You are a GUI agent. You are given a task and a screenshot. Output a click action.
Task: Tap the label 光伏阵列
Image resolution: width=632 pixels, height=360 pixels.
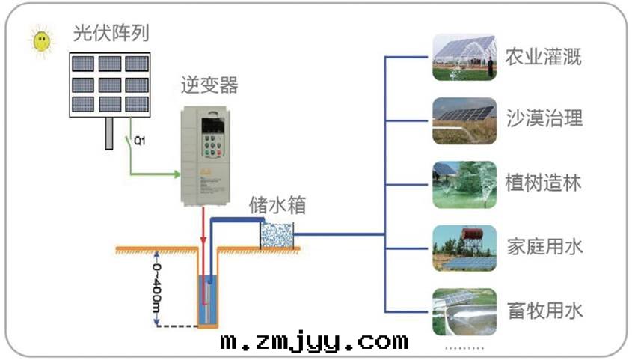110,34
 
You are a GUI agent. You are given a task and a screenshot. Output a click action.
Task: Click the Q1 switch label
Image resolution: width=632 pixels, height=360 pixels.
139,140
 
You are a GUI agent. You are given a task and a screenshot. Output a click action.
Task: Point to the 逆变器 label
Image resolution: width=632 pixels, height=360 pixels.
209,85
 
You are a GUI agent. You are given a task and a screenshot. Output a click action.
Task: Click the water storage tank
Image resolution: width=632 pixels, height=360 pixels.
277,234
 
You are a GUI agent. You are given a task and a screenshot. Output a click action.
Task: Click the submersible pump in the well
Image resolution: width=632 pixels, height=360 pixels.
206,299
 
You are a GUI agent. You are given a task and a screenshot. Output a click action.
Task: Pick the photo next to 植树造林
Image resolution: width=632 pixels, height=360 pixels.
464,184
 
